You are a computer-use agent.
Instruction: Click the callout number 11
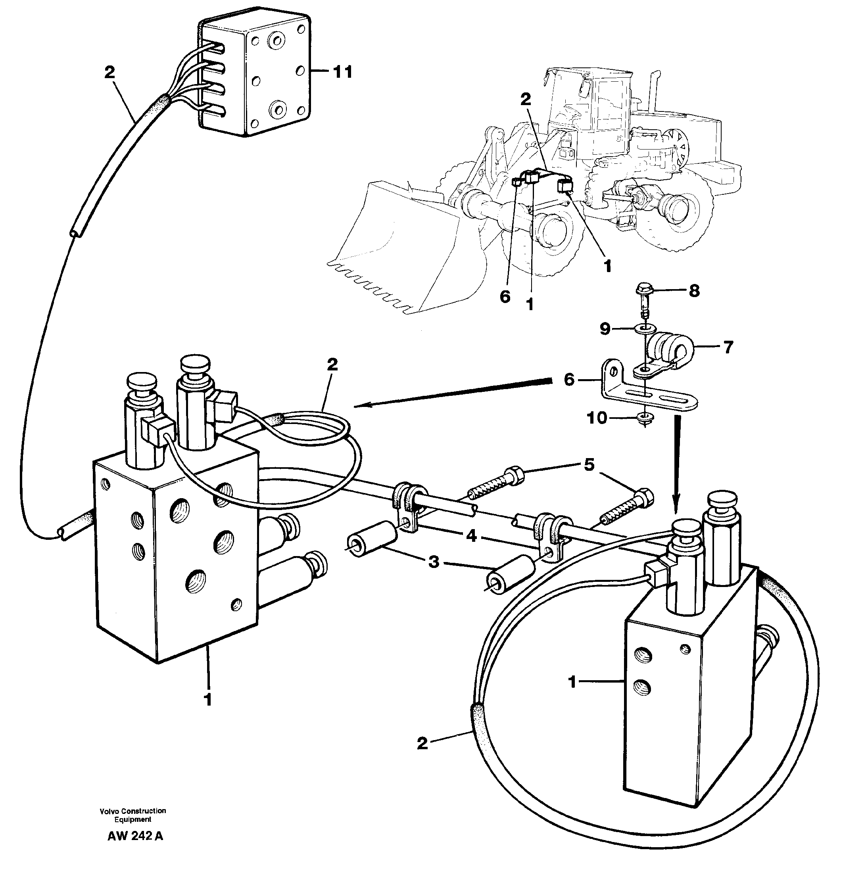(x=342, y=72)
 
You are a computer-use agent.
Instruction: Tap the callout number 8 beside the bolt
(x=694, y=291)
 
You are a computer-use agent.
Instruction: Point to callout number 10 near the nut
(x=597, y=418)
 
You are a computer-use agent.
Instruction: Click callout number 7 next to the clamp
(x=728, y=347)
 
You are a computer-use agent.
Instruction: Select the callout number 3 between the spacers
(x=433, y=561)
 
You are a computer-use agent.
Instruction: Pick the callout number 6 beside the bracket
(x=569, y=380)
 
